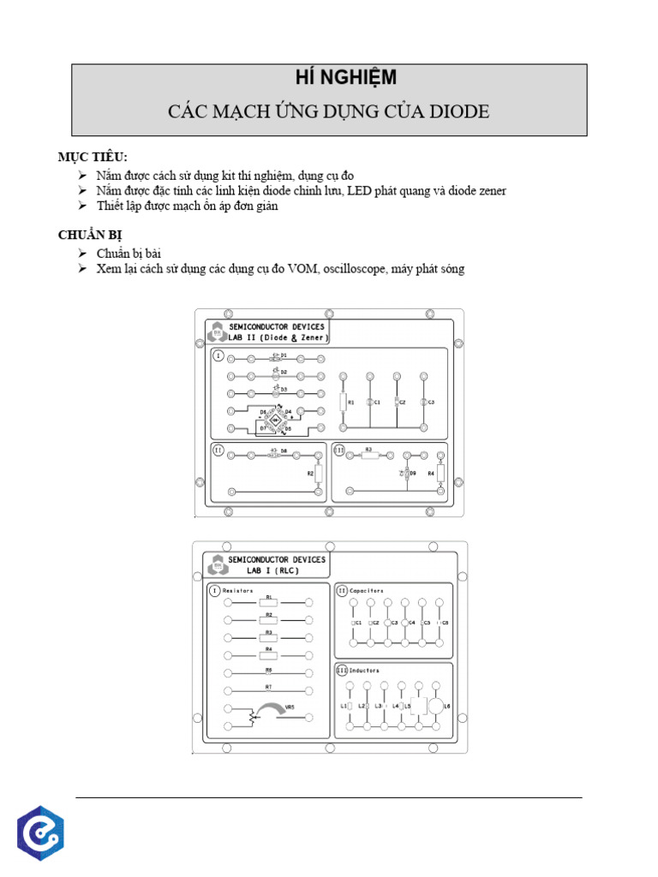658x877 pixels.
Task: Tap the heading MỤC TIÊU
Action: (x=93, y=157)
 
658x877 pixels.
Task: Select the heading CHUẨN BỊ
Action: (x=94, y=234)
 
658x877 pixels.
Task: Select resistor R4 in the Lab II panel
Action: (x=440, y=472)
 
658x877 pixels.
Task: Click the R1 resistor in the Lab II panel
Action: (x=343, y=401)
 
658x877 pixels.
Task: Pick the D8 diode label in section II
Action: (x=283, y=450)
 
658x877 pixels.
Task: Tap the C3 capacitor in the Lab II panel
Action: (x=423, y=401)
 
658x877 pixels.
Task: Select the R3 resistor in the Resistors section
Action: (x=268, y=637)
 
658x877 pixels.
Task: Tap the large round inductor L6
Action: (x=436, y=706)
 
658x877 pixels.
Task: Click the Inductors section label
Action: (x=364, y=670)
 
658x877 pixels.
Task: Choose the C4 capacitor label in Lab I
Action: (x=410, y=623)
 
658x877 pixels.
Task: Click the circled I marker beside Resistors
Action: (x=214, y=590)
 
